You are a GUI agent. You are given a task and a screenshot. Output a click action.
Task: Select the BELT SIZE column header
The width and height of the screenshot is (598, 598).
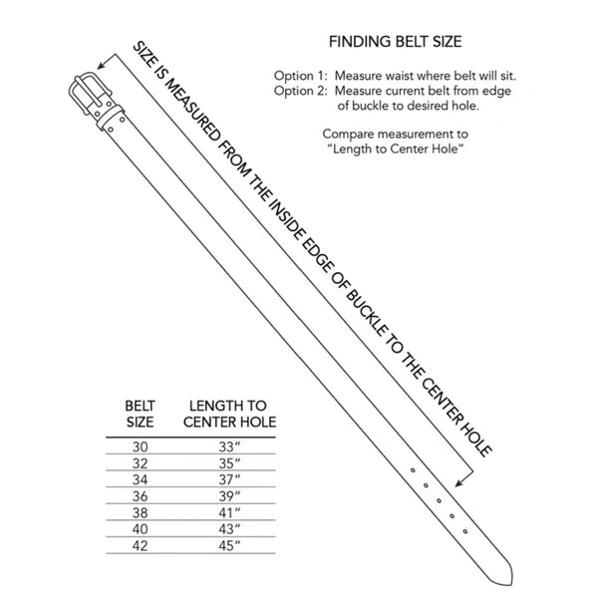[140, 414]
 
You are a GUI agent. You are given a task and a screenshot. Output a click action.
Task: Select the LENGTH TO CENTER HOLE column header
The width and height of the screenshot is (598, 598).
[229, 414]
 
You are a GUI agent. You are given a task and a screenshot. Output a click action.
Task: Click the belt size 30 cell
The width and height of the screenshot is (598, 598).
[140, 448]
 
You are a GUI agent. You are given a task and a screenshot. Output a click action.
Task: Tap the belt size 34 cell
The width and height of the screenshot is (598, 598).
[140, 479]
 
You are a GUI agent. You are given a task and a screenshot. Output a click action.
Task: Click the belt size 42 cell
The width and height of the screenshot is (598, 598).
[140, 544]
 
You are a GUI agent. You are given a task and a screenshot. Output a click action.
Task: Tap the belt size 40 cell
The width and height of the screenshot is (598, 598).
[140, 528]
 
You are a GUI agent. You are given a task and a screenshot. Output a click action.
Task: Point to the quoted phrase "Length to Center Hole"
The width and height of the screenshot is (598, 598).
[396, 149]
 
